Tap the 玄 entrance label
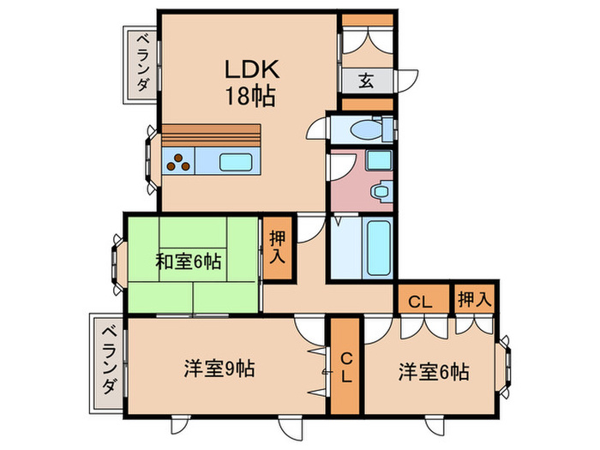365,81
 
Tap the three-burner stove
179,161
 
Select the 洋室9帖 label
218,370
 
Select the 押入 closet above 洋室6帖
473,299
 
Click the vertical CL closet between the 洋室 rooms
345,366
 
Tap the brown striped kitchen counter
210,135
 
